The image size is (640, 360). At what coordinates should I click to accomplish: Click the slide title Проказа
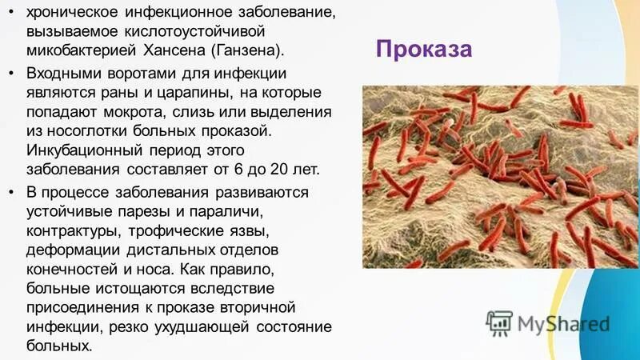point(424,50)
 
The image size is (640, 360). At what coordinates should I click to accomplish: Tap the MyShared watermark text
point(563,323)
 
